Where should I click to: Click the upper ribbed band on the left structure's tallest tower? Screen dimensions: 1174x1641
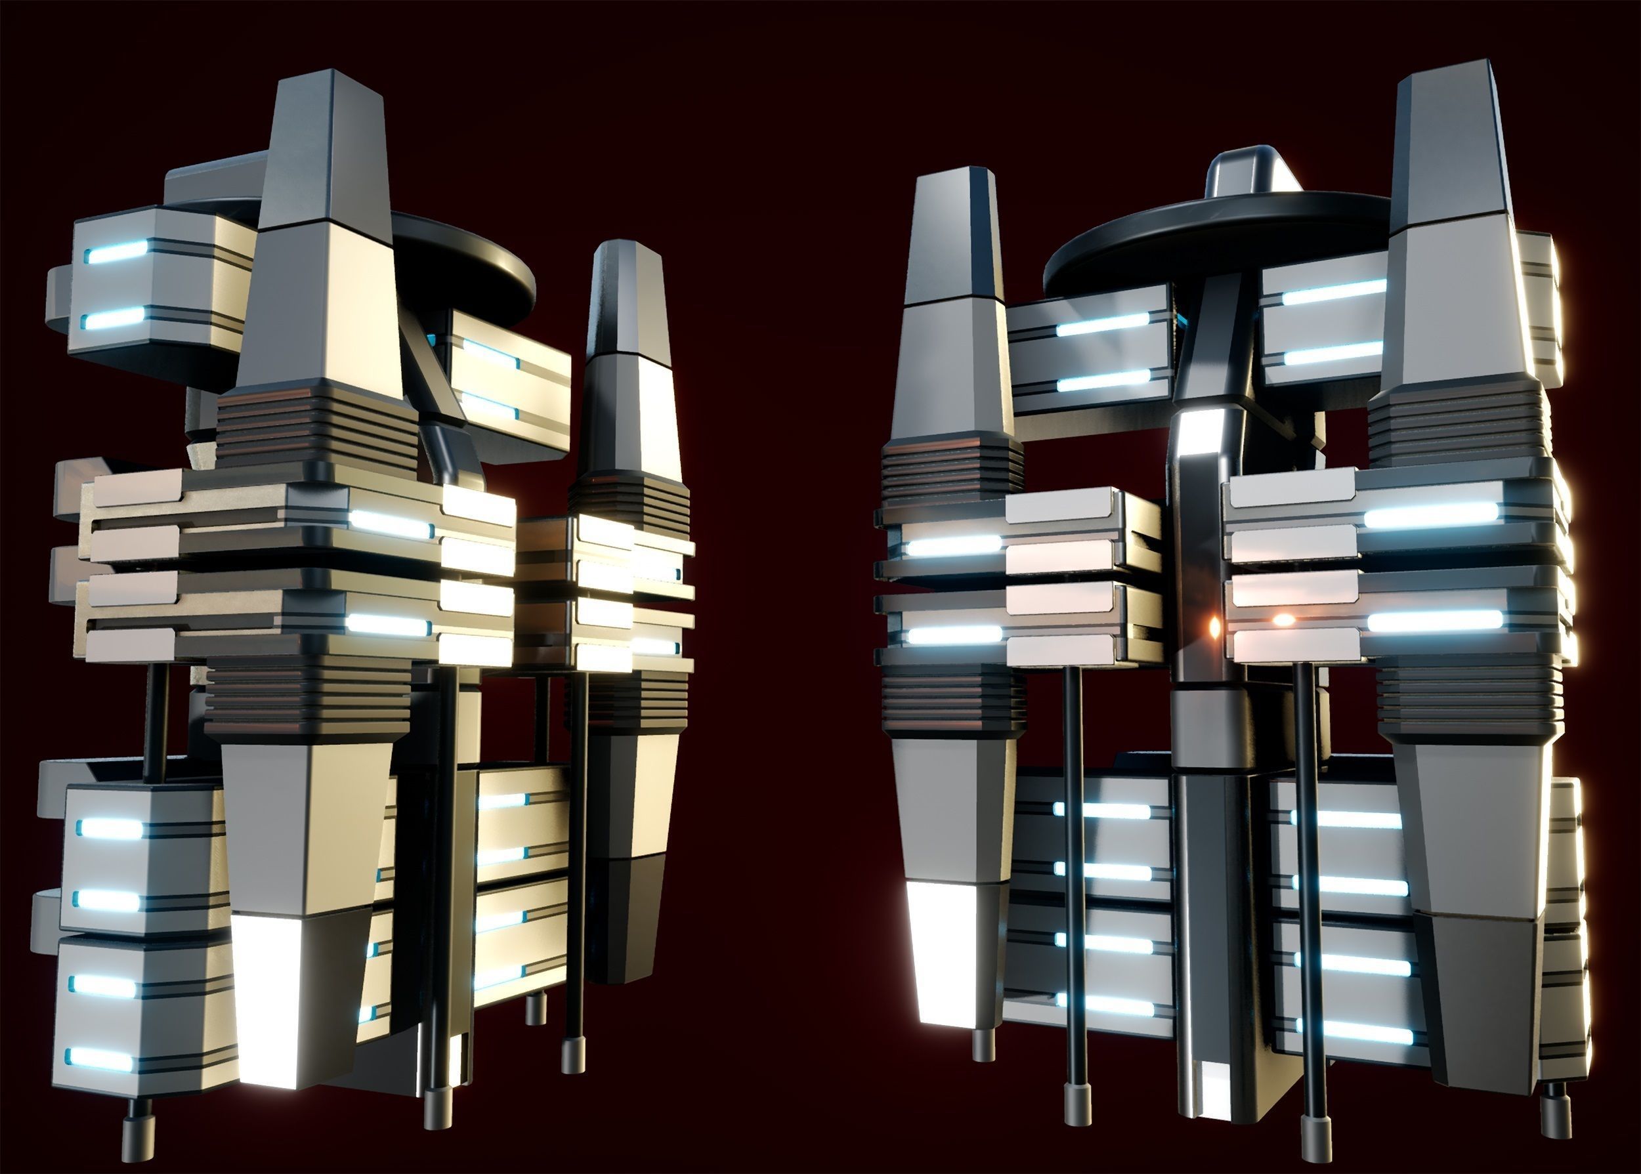[318, 423]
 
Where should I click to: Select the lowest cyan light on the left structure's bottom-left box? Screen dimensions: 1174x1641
[101, 1060]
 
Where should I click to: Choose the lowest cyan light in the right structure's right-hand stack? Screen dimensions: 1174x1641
[1355, 1033]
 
